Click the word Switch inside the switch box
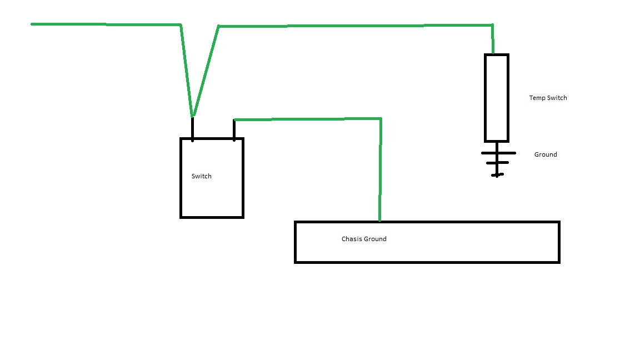(201, 176)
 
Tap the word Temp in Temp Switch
(537, 98)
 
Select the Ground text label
(546, 154)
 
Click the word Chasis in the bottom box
(352, 239)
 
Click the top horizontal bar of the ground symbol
(498, 153)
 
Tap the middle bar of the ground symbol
(497, 163)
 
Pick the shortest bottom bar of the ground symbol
(497, 174)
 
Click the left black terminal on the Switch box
(193, 128)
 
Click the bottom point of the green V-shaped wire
(193, 116)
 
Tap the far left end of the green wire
(32, 24)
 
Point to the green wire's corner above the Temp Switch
(493, 26)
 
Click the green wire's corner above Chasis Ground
(381, 119)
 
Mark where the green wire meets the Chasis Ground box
(379, 221)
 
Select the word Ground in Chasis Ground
(375, 239)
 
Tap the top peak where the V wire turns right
(218, 27)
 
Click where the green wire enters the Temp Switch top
(493, 53)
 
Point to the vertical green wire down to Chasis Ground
(381, 170)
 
